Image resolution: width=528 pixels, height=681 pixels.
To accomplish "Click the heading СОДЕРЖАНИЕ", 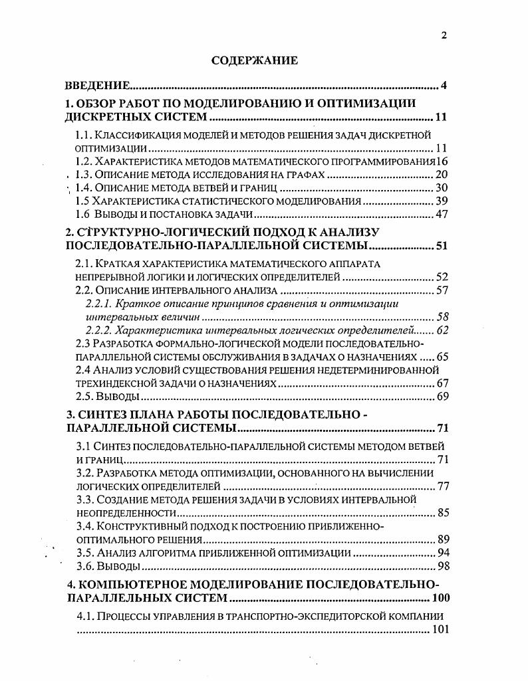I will pyautogui.click(x=254, y=60).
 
